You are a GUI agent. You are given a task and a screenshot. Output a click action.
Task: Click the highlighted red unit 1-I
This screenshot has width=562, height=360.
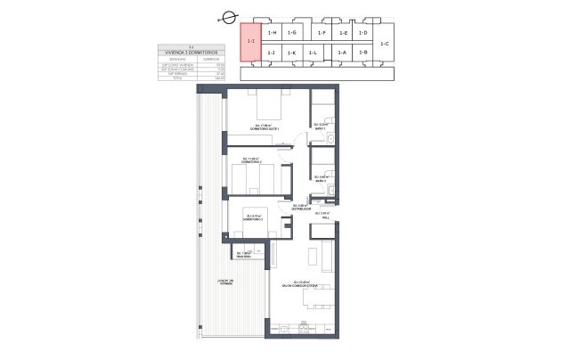251,42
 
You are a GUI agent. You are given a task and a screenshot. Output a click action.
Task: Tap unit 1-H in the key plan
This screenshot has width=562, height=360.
273,32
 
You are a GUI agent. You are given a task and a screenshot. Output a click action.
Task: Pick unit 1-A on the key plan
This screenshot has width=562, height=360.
342,53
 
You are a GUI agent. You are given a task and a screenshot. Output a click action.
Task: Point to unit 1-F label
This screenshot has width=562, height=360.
322,32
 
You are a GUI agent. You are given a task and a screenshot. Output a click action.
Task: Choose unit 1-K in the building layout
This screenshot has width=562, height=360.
292,53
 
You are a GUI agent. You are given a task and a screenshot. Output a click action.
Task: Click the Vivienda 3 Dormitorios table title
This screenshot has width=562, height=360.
185,53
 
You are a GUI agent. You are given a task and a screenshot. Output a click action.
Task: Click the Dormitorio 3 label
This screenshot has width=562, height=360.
258,217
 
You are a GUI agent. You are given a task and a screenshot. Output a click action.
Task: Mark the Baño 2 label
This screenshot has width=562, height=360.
320,180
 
